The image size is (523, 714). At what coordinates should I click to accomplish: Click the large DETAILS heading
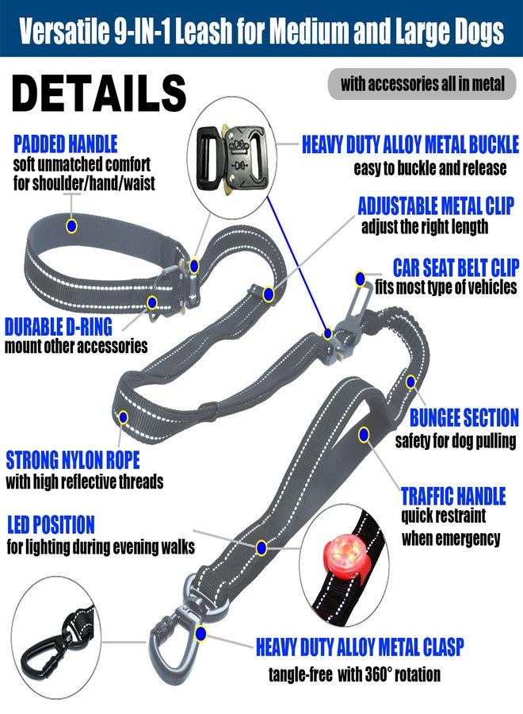99,94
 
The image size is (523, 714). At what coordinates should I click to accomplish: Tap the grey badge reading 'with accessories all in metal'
422,84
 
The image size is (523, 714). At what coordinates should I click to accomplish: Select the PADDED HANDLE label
66,144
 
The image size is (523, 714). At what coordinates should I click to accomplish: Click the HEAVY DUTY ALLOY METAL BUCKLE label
410,144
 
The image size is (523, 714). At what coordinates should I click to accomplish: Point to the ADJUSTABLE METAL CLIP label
436,205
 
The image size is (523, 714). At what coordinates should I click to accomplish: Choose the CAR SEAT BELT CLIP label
456,267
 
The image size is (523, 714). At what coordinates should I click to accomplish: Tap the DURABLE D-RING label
58,327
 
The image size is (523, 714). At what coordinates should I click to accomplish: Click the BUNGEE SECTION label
464,417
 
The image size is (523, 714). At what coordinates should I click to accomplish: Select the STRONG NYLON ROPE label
73,460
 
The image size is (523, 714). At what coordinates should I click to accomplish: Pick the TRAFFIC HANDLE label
453,496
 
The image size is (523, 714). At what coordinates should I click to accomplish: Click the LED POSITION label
51,524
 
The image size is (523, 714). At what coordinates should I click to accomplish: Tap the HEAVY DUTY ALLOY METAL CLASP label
360,647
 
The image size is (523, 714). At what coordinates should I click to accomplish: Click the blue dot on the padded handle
71,225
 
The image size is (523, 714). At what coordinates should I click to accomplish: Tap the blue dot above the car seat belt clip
361,278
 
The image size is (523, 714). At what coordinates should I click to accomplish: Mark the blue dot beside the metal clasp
200,633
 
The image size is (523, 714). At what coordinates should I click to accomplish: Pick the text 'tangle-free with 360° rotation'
354,674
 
